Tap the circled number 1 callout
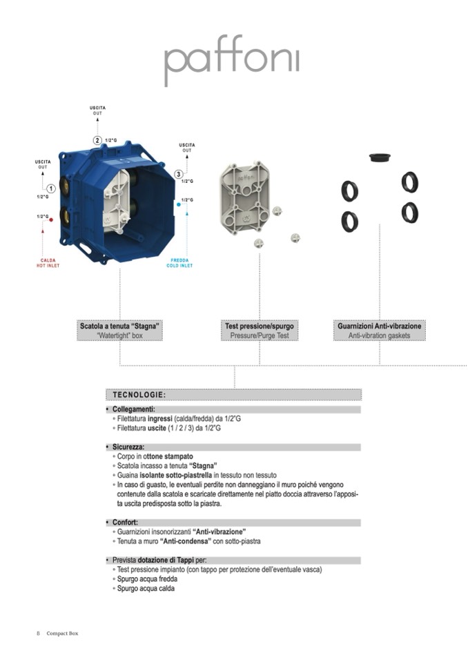[51, 188]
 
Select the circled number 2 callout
[97, 140]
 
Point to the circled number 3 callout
[179, 174]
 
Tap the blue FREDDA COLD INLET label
[180, 263]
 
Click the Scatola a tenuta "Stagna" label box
[120, 330]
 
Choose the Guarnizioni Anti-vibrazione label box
[379, 330]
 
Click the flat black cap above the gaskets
[379, 157]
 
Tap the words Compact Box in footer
[62, 633]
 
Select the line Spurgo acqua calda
[146, 589]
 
